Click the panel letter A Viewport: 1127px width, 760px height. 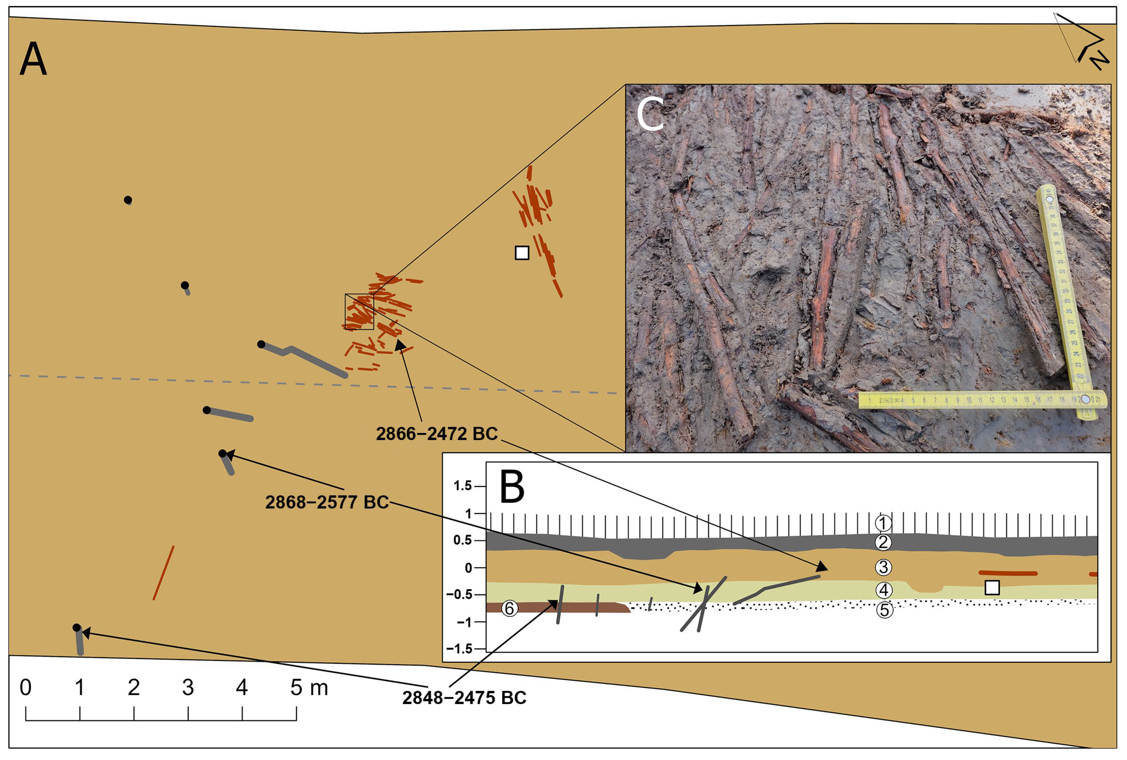33,59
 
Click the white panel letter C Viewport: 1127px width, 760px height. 650,114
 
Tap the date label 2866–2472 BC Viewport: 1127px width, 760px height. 437,434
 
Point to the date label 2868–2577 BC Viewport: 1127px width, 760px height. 327,502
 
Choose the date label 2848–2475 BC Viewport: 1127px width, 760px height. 464,698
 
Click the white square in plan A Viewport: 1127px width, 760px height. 522,253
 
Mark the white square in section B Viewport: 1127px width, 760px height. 992,588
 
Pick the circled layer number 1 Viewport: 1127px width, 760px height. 883,523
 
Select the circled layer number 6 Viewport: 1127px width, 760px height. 509,608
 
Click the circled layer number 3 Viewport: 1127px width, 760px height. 883,567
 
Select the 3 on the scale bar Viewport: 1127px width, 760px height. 188,688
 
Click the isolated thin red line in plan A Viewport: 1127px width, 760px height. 163,573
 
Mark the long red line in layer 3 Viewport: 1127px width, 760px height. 1008,573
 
